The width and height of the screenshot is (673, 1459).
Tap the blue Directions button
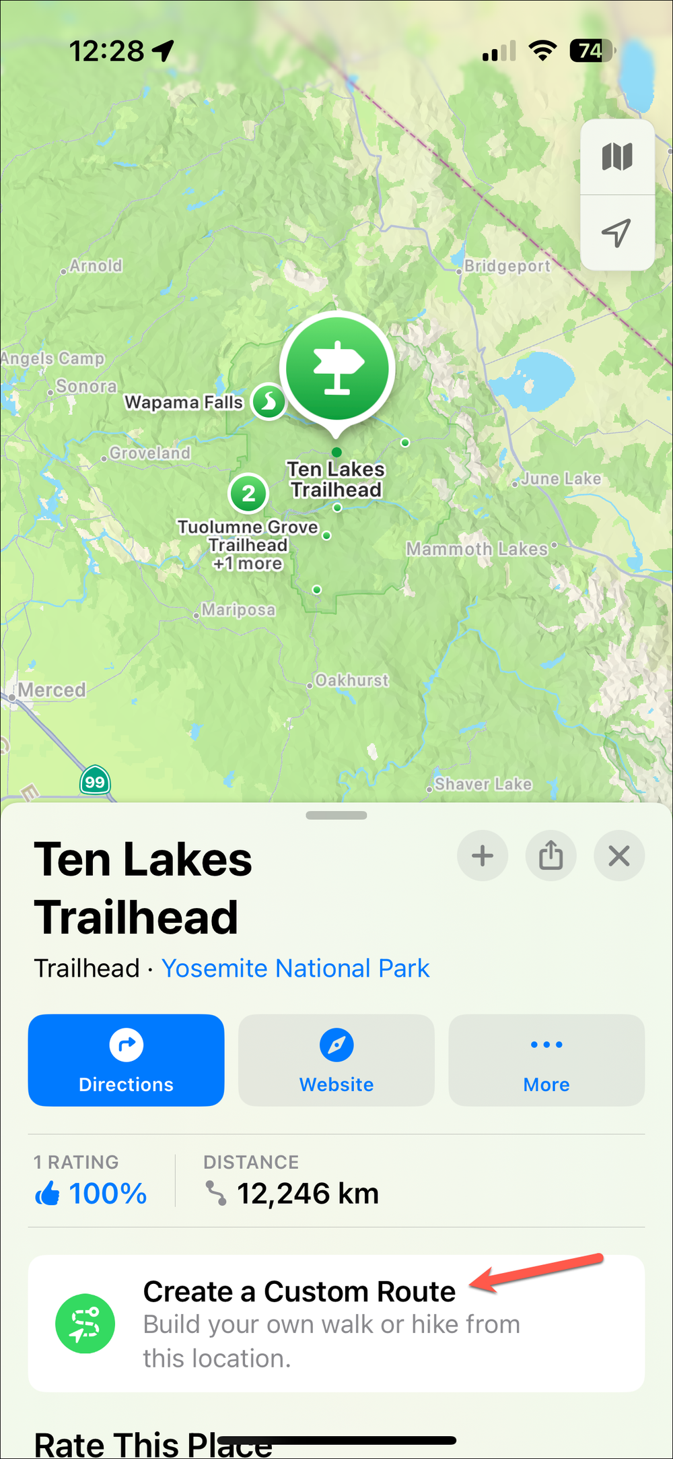click(126, 1060)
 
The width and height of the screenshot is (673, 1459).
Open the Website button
click(336, 1060)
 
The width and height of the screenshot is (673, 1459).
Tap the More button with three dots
click(546, 1060)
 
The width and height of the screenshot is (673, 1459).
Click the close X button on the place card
click(618, 856)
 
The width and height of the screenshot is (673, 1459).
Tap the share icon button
click(551, 856)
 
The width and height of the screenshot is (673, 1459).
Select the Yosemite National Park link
click(295, 968)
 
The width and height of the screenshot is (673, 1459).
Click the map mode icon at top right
click(616, 158)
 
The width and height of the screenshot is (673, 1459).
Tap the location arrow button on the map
click(616, 233)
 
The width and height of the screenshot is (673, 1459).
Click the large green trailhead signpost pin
click(337, 368)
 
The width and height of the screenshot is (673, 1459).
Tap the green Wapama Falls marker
click(269, 402)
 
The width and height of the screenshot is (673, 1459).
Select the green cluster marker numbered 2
click(248, 494)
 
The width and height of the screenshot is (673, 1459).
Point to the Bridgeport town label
click(507, 266)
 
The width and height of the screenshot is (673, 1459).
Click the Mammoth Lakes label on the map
click(477, 549)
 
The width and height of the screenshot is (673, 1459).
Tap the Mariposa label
click(238, 610)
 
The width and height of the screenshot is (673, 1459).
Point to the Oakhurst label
click(352, 680)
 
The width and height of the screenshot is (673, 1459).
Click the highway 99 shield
click(95, 782)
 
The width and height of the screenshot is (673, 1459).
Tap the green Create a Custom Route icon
click(85, 1324)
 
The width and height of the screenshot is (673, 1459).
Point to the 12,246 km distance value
click(308, 1194)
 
